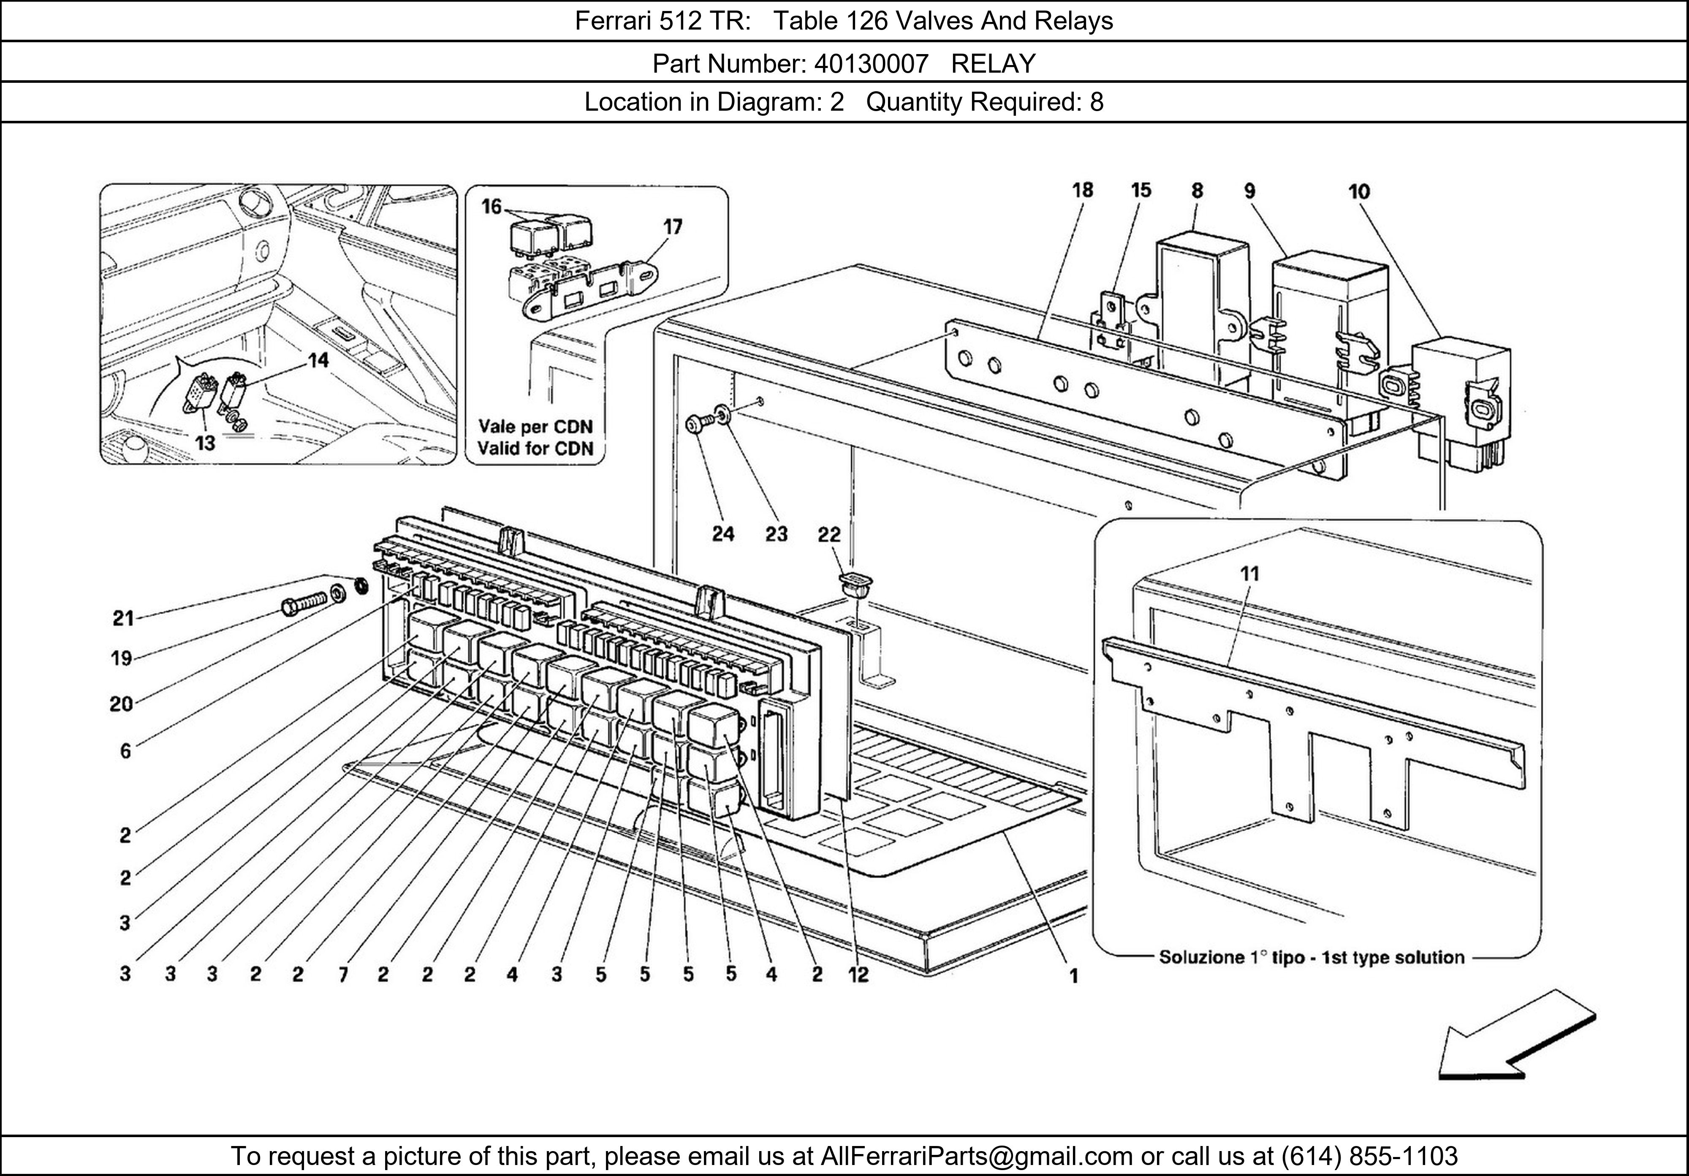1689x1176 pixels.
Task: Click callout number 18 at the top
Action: (1082, 191)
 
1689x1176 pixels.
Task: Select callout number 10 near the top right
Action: (1359, 192)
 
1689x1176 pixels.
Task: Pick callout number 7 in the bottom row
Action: (343, 975)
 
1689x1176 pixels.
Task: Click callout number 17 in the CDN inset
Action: (672, 227)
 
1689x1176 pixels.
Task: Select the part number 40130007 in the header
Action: (871, 65)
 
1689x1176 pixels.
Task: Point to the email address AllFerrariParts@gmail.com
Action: (976, 1156)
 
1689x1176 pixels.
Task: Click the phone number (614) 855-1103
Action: (1369, 1156)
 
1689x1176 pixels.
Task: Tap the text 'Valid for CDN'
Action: (535, 448)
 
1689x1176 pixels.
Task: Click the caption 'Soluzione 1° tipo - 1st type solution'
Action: (1312, 958)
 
